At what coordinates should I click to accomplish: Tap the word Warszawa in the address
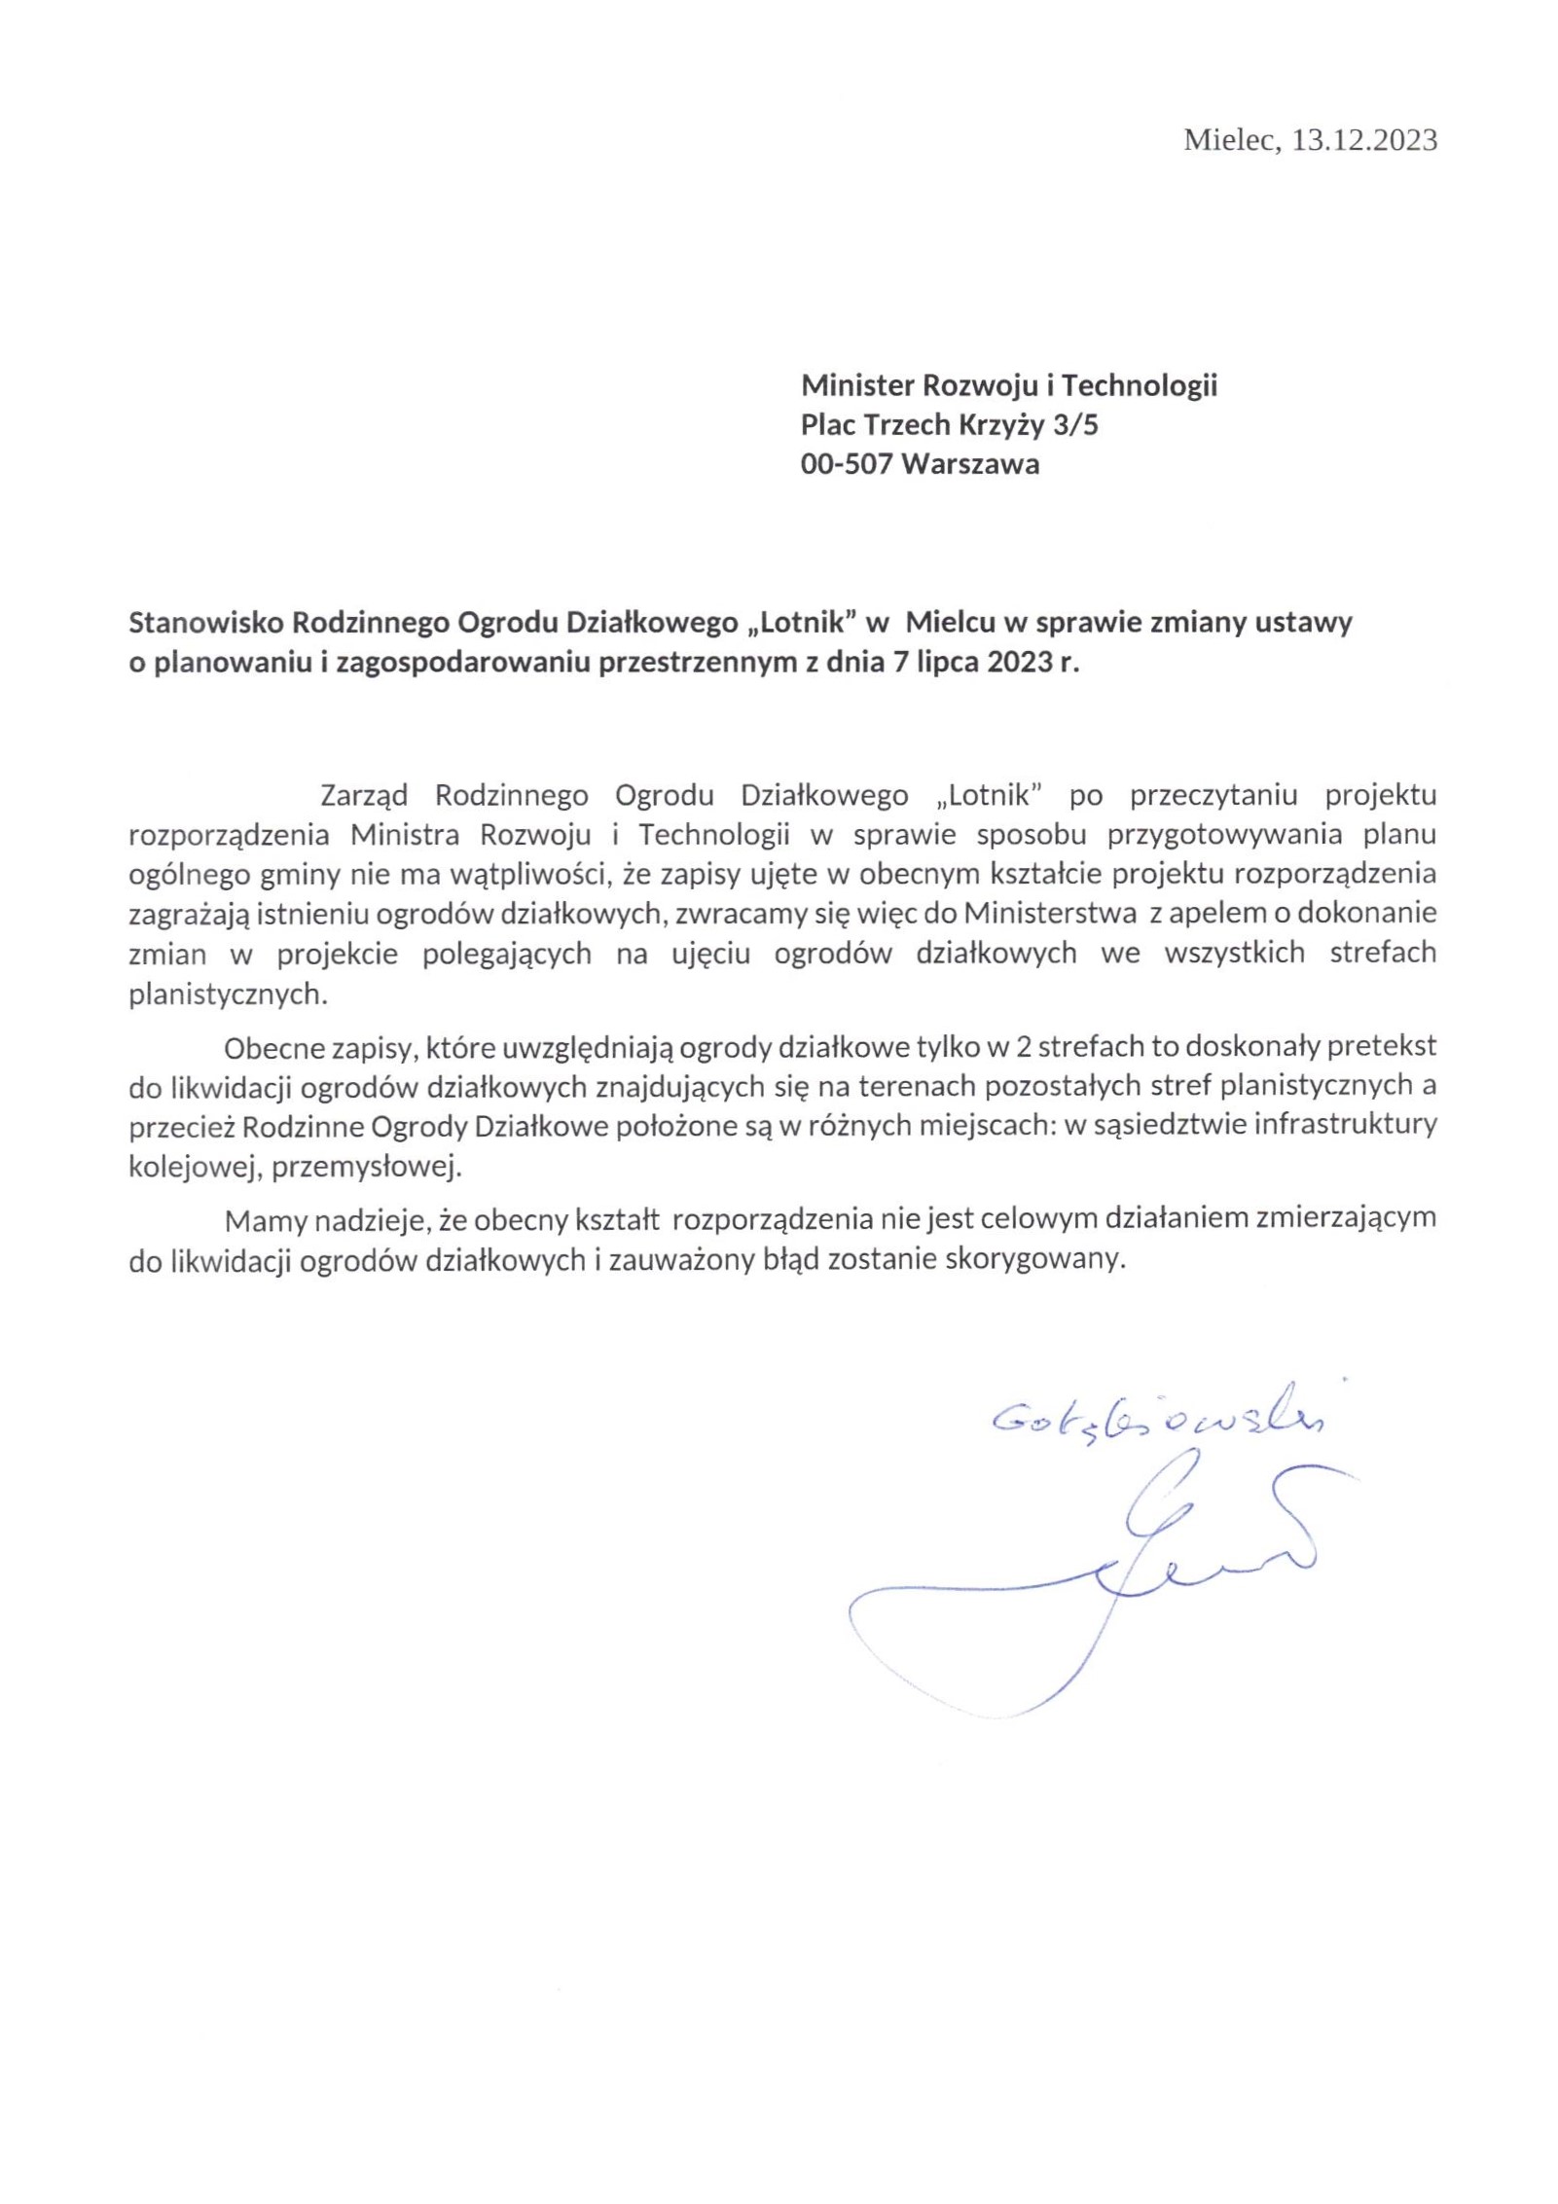coord(970,464)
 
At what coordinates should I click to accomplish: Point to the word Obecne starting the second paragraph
coord(270,1047)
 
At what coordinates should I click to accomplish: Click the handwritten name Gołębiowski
coord(1157,1421)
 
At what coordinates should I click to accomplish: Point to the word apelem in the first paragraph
coord(1213,913)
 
